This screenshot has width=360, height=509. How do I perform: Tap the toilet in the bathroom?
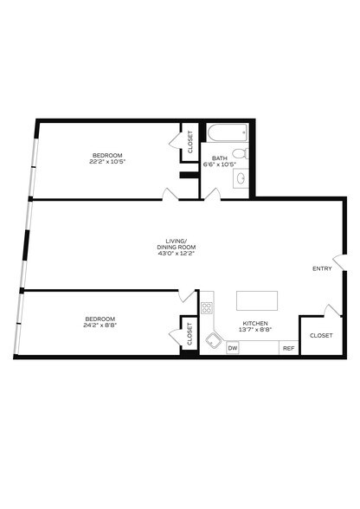click(244, 154)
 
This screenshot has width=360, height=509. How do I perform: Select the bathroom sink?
click(242, 177)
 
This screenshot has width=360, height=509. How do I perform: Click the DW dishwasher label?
click(232, 348)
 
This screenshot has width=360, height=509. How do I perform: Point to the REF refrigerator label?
click(288, 348)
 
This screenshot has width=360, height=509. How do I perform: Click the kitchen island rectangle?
click(258, 300)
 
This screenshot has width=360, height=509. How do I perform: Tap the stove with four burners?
click(208, 306)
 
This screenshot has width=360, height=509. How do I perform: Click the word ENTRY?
click(321, 268)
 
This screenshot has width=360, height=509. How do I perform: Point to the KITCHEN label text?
click(255, 324)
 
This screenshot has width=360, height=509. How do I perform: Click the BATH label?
click(220, 158)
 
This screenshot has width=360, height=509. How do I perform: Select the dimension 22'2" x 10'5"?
click(107, 161)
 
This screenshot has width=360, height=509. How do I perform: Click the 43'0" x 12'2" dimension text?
click(169, 254)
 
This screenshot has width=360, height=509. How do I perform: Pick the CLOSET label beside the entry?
click(320, 335)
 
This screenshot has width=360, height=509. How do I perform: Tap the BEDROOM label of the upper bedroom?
click(107, 154)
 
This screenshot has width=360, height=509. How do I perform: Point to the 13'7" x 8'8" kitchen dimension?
click(255, 330)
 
